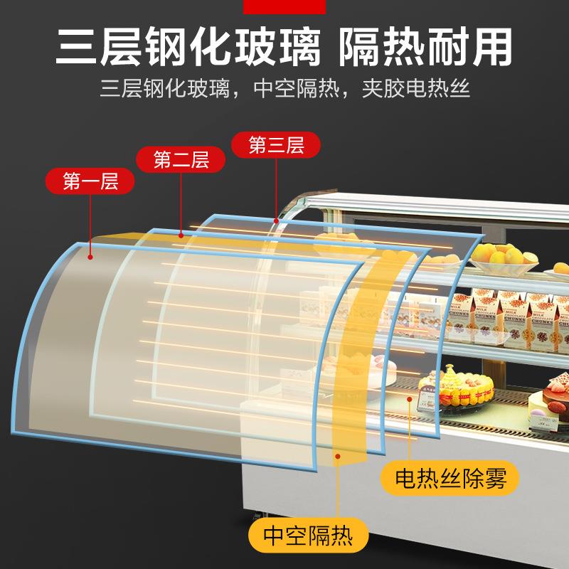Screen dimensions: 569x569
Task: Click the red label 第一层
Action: click(90, 181)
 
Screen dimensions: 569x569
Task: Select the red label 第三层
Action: click(276, 146)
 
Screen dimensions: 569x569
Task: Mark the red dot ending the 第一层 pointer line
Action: click(90, 255)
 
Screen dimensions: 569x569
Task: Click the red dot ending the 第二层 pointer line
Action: click(181, 234)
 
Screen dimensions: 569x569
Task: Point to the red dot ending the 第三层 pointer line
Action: click(276, 221)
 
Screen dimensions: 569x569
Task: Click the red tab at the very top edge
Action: click(284, 6)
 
